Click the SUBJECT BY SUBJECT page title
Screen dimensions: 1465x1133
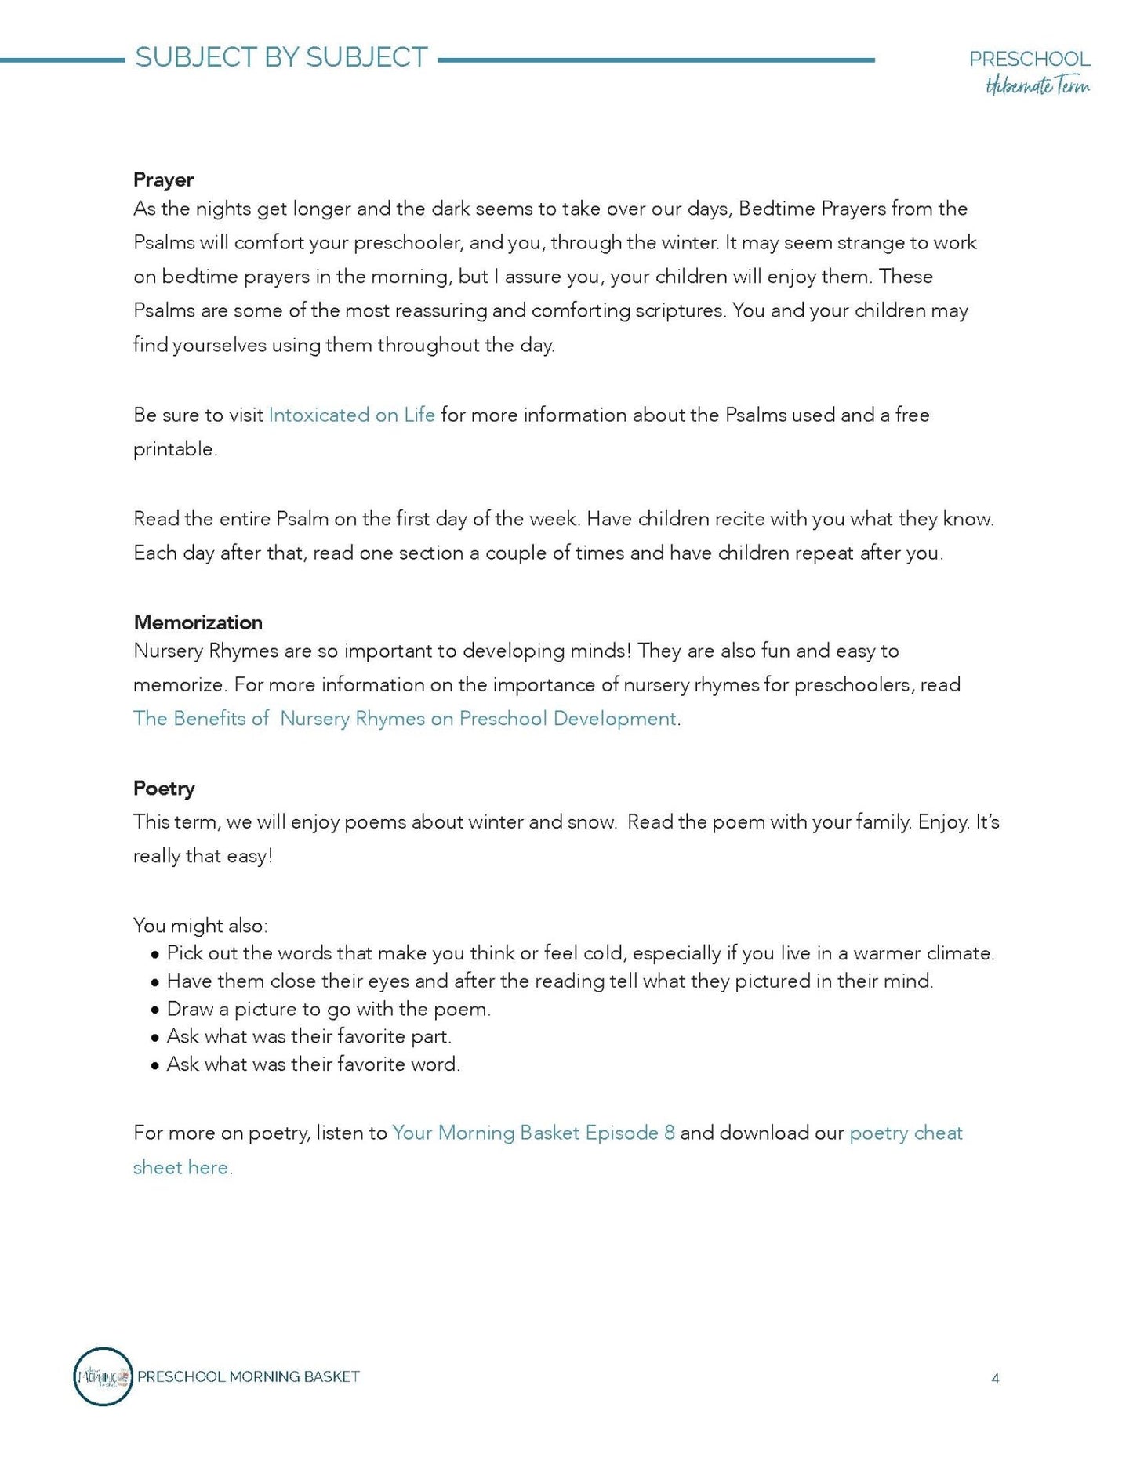(281, 58)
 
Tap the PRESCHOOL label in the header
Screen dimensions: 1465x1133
(1029, 59)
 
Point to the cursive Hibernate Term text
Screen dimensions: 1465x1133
(1037, 86)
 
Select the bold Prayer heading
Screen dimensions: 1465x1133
(163, 179)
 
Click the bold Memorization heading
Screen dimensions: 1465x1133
(198, 622)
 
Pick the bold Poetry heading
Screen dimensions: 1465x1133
(164, 788)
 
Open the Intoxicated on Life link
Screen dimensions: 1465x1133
(351, 415)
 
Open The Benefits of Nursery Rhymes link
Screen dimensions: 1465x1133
(404, 719)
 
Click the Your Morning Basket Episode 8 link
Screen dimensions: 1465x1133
(533, 1133)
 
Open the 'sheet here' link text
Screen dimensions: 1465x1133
(180, 1167)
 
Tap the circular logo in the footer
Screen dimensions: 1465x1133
(103, 1376)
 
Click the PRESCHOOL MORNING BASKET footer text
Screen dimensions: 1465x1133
(249, 1376)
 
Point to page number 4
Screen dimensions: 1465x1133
(995, 1379)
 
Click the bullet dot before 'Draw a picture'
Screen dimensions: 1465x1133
(155, 1010)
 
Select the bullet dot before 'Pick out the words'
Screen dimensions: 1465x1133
(155, 954)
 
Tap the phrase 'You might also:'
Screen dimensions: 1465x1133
(200, 926)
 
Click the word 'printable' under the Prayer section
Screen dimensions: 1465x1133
(174, 449)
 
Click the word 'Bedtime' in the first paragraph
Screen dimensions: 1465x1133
(776, 209)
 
